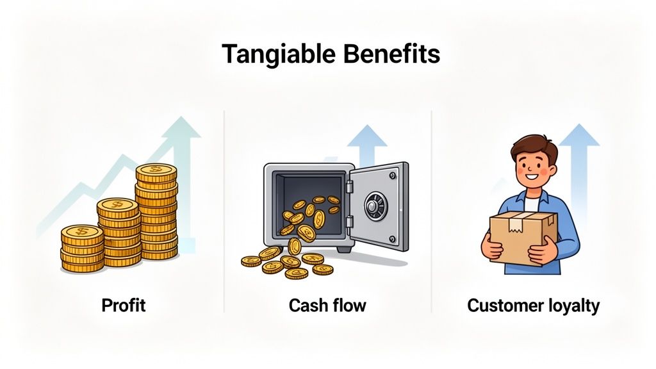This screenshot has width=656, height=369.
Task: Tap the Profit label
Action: [x=124, y=305]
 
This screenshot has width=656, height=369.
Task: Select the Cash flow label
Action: [x=327, y=305]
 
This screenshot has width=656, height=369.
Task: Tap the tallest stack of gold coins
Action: [x=156, y=211]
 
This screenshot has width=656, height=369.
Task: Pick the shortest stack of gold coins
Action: [x=82, y=249]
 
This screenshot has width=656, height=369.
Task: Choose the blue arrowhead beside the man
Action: [x=578, y=136]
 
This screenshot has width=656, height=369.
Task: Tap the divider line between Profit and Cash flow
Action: [x=224, y=211]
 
